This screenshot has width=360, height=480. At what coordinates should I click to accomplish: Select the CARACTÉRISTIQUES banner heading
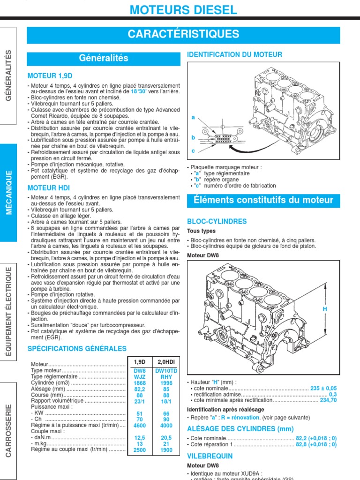(184, 34)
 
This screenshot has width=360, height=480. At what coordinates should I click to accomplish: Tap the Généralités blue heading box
(104, 59)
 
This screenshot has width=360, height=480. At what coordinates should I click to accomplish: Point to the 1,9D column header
(140, 361)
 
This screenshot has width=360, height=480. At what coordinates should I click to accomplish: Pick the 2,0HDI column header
(166, 361)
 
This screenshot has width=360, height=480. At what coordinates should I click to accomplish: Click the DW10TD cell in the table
(166, 370)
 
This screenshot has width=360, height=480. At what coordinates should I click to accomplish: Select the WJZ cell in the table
(140, 376)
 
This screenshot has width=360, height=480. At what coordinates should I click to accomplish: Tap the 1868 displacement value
(140, 382)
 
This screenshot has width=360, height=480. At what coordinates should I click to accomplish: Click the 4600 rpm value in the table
(140, 426)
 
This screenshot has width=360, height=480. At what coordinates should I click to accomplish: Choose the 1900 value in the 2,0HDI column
(166, 450)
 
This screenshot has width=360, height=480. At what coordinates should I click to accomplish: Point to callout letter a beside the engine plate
(193, 118)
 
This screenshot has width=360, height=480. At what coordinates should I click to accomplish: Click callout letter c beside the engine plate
(193, 151)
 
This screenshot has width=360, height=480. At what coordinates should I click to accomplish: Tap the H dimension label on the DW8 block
(324, 309)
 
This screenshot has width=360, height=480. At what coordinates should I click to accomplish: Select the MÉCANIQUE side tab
(9, 192)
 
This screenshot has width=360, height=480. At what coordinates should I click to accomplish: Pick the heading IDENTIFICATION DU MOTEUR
(234, 55)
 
